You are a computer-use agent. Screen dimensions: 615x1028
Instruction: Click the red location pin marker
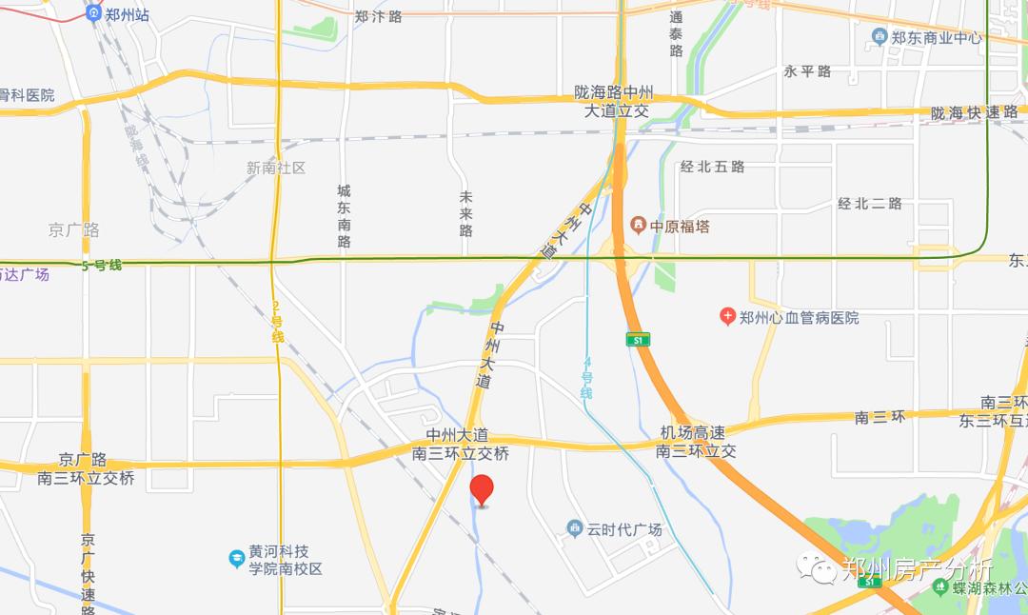[x=483, y=489]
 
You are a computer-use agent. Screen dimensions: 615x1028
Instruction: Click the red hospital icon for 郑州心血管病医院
[x=727, y=317]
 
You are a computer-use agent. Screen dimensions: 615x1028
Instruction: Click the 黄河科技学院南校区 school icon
[x=237, y=559]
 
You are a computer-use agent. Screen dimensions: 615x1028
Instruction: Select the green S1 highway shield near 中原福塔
[x=638, y=339]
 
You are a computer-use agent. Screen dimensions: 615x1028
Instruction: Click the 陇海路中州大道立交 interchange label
[x=615, y=102]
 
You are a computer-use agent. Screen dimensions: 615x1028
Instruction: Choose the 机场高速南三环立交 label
[x=698, y=442]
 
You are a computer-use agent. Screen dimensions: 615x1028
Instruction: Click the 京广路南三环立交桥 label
[x=86, y=468]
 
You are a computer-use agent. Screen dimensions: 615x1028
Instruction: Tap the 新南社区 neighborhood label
[x=276, y=168]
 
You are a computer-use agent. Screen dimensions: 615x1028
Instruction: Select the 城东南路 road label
[x=345, y=216]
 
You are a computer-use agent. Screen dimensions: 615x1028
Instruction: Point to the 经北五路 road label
[x=712, y=167]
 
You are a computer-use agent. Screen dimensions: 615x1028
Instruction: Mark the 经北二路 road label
[x=869, y=203]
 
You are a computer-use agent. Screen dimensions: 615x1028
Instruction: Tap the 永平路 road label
[x=807, y=71]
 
